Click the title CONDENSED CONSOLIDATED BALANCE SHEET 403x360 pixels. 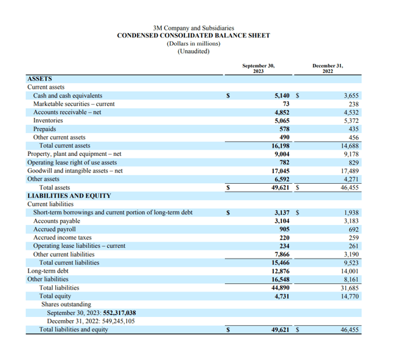pyautogui.click(x=193, y=35)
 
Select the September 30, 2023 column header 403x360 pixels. pyautogui.click(x=258, y=68)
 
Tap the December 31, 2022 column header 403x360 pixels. pyautogui.click(x=327, y=68)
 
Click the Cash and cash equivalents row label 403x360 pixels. pyautogui.click(x=67, y=96)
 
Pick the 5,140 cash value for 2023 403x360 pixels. pyautogui.click(x=282, y=96)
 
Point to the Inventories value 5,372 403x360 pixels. pyautogui.click(x=350, y=120)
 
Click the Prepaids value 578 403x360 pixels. pyautogui.click(x=285, y=129)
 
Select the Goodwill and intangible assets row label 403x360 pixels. pyautogui.click(x=75, y=170)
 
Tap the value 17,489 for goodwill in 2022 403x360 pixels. pyautogui.click(x=349, y=170)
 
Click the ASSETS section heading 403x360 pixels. pyautogui.click(x=39, y=79)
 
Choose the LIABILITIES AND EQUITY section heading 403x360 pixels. pyautogui.click(x=69, y=196)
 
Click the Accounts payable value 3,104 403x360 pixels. pyautogui.click(x=282, y=221)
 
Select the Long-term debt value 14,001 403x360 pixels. pyautogui.click(x=349, y=271)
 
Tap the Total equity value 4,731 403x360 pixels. pyautogui.click(x=282, y=296)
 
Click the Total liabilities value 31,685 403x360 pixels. pyautogui.click(x=349, y=288)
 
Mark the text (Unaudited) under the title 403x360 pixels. pyautogui.click(x=193, y=51)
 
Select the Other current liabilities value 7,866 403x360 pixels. pyautogui.click(x=282, y=254)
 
